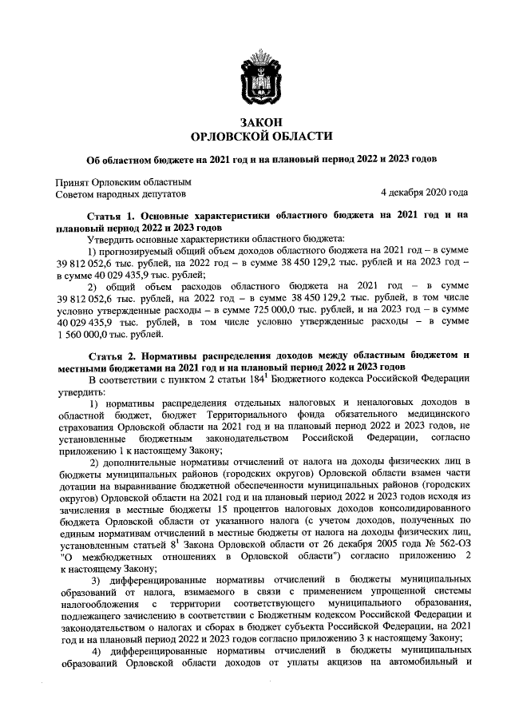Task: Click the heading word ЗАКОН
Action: point(255,121)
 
